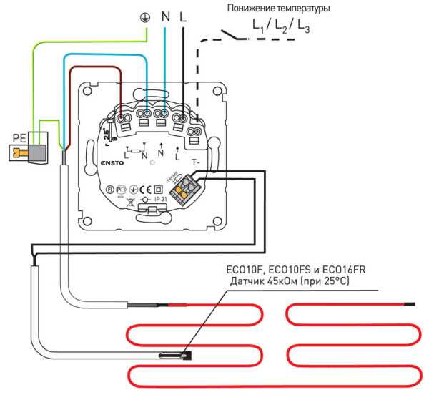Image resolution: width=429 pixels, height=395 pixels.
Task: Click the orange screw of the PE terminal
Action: click(x=24, y=152)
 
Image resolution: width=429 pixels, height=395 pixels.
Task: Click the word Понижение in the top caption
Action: click(x=251, y=9)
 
